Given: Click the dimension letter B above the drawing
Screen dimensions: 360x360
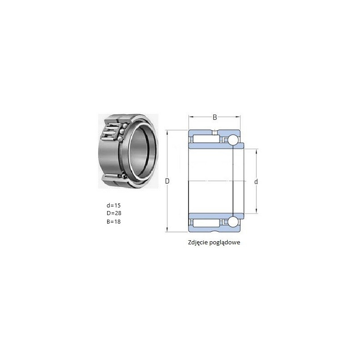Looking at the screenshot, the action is coord(215,117).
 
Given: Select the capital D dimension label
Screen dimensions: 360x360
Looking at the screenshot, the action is coord(167,181).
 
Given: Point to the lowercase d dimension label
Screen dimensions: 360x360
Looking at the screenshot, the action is coord(256,182).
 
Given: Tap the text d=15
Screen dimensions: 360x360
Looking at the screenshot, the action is coord(113,205).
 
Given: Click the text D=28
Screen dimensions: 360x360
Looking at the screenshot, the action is coord(114,213).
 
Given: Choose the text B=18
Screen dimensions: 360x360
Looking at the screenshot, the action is coord(113,221).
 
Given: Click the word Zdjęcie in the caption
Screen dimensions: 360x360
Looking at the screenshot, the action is coord(198,243).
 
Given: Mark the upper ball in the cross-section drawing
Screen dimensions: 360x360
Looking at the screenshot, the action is coord(233,140).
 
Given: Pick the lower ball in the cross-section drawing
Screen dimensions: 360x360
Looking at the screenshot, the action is coord(233,222).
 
